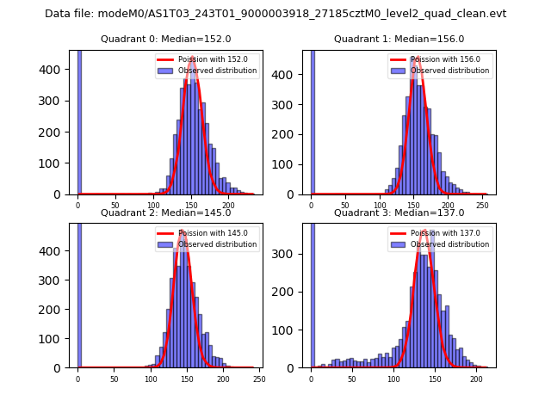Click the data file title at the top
pyautogui.click(x=275, y=14)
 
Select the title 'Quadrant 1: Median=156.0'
pyautogui.click(x=399, y=39)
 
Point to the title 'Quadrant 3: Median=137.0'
pyautogui.click(x=399, y=213)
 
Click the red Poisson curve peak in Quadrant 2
pyautogui.click(x=183, y=231)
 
